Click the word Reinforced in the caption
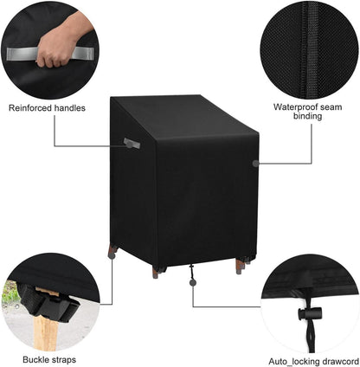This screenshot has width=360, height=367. (30, 108)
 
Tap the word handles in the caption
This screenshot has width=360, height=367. (70, 108)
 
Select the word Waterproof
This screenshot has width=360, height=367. (295, 107)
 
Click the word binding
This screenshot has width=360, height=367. (308, 116)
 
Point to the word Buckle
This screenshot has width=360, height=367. (35, 359)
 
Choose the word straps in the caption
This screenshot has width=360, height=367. (63, 360)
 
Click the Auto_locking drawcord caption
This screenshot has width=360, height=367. (314, 362)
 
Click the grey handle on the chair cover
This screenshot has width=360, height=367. (132, 143)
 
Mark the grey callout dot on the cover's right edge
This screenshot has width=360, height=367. (255, 164)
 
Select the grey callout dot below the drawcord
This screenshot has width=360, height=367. (193, 282)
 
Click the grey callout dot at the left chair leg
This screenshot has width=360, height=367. (112, 255)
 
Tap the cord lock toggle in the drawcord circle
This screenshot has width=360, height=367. (310, 313)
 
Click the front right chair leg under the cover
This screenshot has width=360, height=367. (240, 266)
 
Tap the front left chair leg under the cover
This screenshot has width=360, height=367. (156, 272)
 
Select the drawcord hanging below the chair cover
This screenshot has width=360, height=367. (191, 272)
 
